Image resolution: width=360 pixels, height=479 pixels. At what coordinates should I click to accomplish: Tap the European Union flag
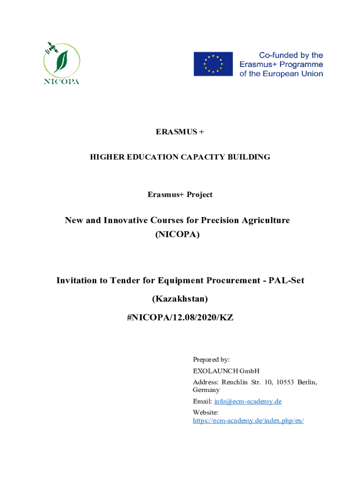coord(213,64)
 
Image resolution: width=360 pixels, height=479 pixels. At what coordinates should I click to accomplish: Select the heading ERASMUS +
coord(180,132)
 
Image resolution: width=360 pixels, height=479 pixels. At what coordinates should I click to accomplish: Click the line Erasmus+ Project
coord(180,195)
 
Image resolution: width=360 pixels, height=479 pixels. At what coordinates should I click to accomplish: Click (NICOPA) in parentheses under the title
coord(177,235)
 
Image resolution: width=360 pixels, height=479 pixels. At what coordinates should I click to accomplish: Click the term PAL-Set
coord(286,280)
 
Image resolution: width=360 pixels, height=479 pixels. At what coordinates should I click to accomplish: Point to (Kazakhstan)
coord(180,298)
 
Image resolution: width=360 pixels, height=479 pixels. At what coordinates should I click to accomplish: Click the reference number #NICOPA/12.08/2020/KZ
coord(180,318)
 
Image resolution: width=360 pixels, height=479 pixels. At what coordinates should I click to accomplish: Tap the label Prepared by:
coord(211,360)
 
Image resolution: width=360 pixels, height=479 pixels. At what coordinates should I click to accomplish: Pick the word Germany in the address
coord(206,390)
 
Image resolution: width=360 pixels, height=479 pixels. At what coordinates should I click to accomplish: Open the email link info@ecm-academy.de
coord(248,401)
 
